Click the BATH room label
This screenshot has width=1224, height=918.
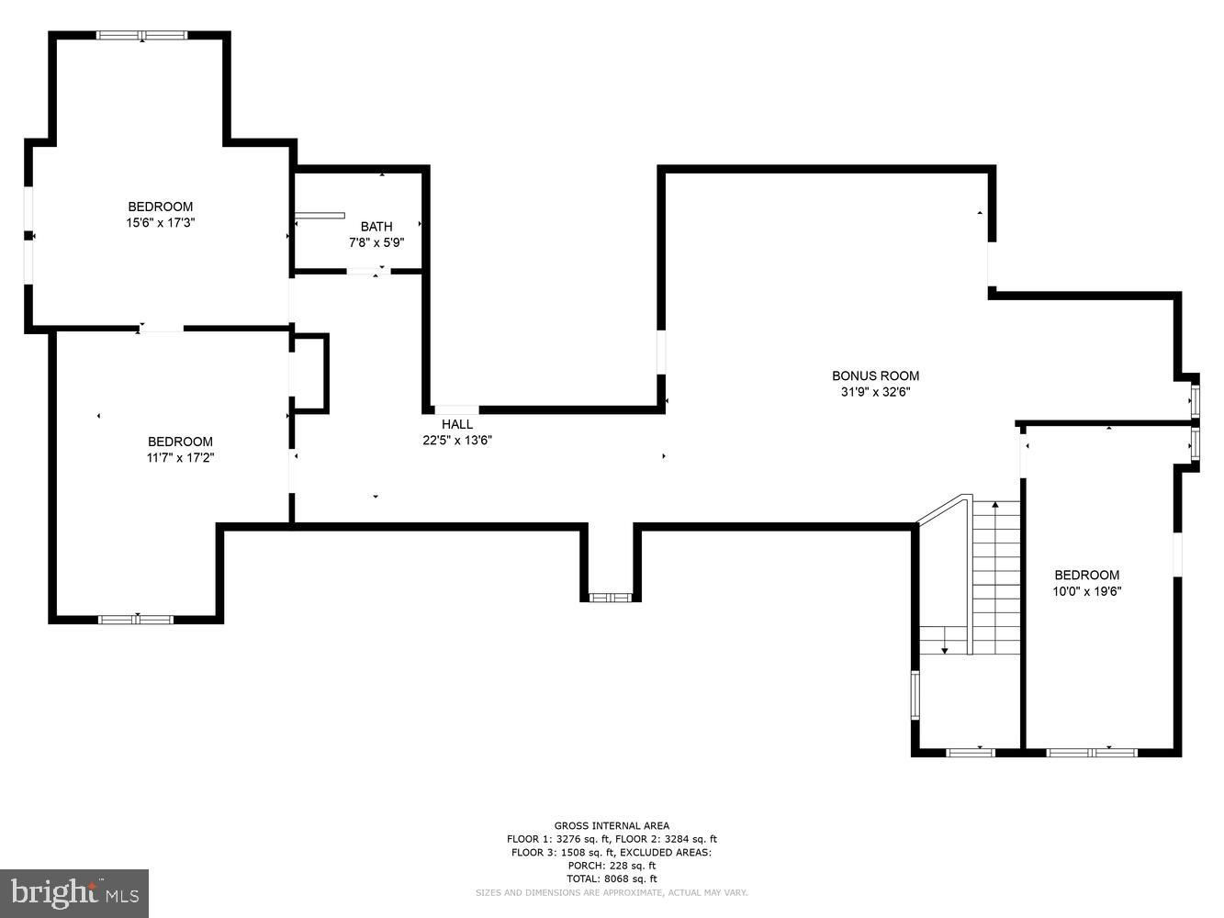376,227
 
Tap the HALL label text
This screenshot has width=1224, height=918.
457,424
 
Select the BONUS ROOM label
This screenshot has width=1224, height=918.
875,375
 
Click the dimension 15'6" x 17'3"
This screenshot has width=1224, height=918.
161,223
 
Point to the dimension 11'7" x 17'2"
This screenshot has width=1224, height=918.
180,458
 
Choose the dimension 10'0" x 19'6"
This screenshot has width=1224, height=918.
1087,591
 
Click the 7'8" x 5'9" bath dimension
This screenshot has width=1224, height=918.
376,243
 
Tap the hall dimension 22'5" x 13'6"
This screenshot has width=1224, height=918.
457,441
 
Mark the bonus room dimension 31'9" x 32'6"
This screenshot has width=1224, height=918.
875,392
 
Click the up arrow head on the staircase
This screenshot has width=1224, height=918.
995,504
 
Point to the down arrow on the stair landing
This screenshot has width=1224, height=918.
945,640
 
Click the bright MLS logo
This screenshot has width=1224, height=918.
74,893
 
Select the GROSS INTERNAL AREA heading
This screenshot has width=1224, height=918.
612,825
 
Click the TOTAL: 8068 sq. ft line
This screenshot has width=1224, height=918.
612,879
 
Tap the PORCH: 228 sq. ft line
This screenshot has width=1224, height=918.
612,866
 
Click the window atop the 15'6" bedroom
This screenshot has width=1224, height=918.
142,35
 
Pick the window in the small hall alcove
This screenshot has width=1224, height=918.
611,598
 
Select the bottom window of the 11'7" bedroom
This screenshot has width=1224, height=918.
136,620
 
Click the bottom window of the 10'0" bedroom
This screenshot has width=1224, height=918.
1091,753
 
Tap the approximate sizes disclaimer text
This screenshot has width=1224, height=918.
612,893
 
